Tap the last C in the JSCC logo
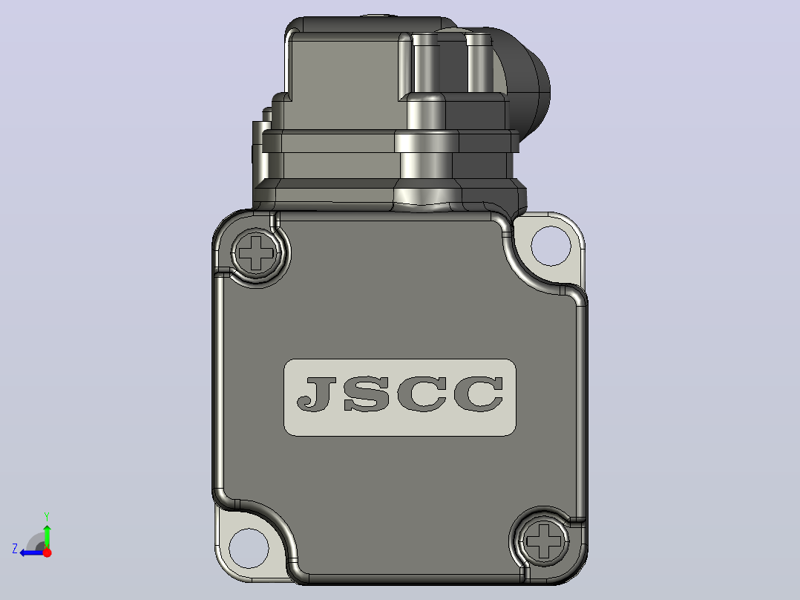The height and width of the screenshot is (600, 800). click(479, 394)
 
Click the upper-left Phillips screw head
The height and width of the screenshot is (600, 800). click(257, 252)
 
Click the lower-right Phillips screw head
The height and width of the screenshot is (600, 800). click(543, 541)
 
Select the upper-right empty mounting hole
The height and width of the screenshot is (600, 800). click(551, 246)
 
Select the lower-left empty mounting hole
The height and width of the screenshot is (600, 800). click(249, 548)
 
